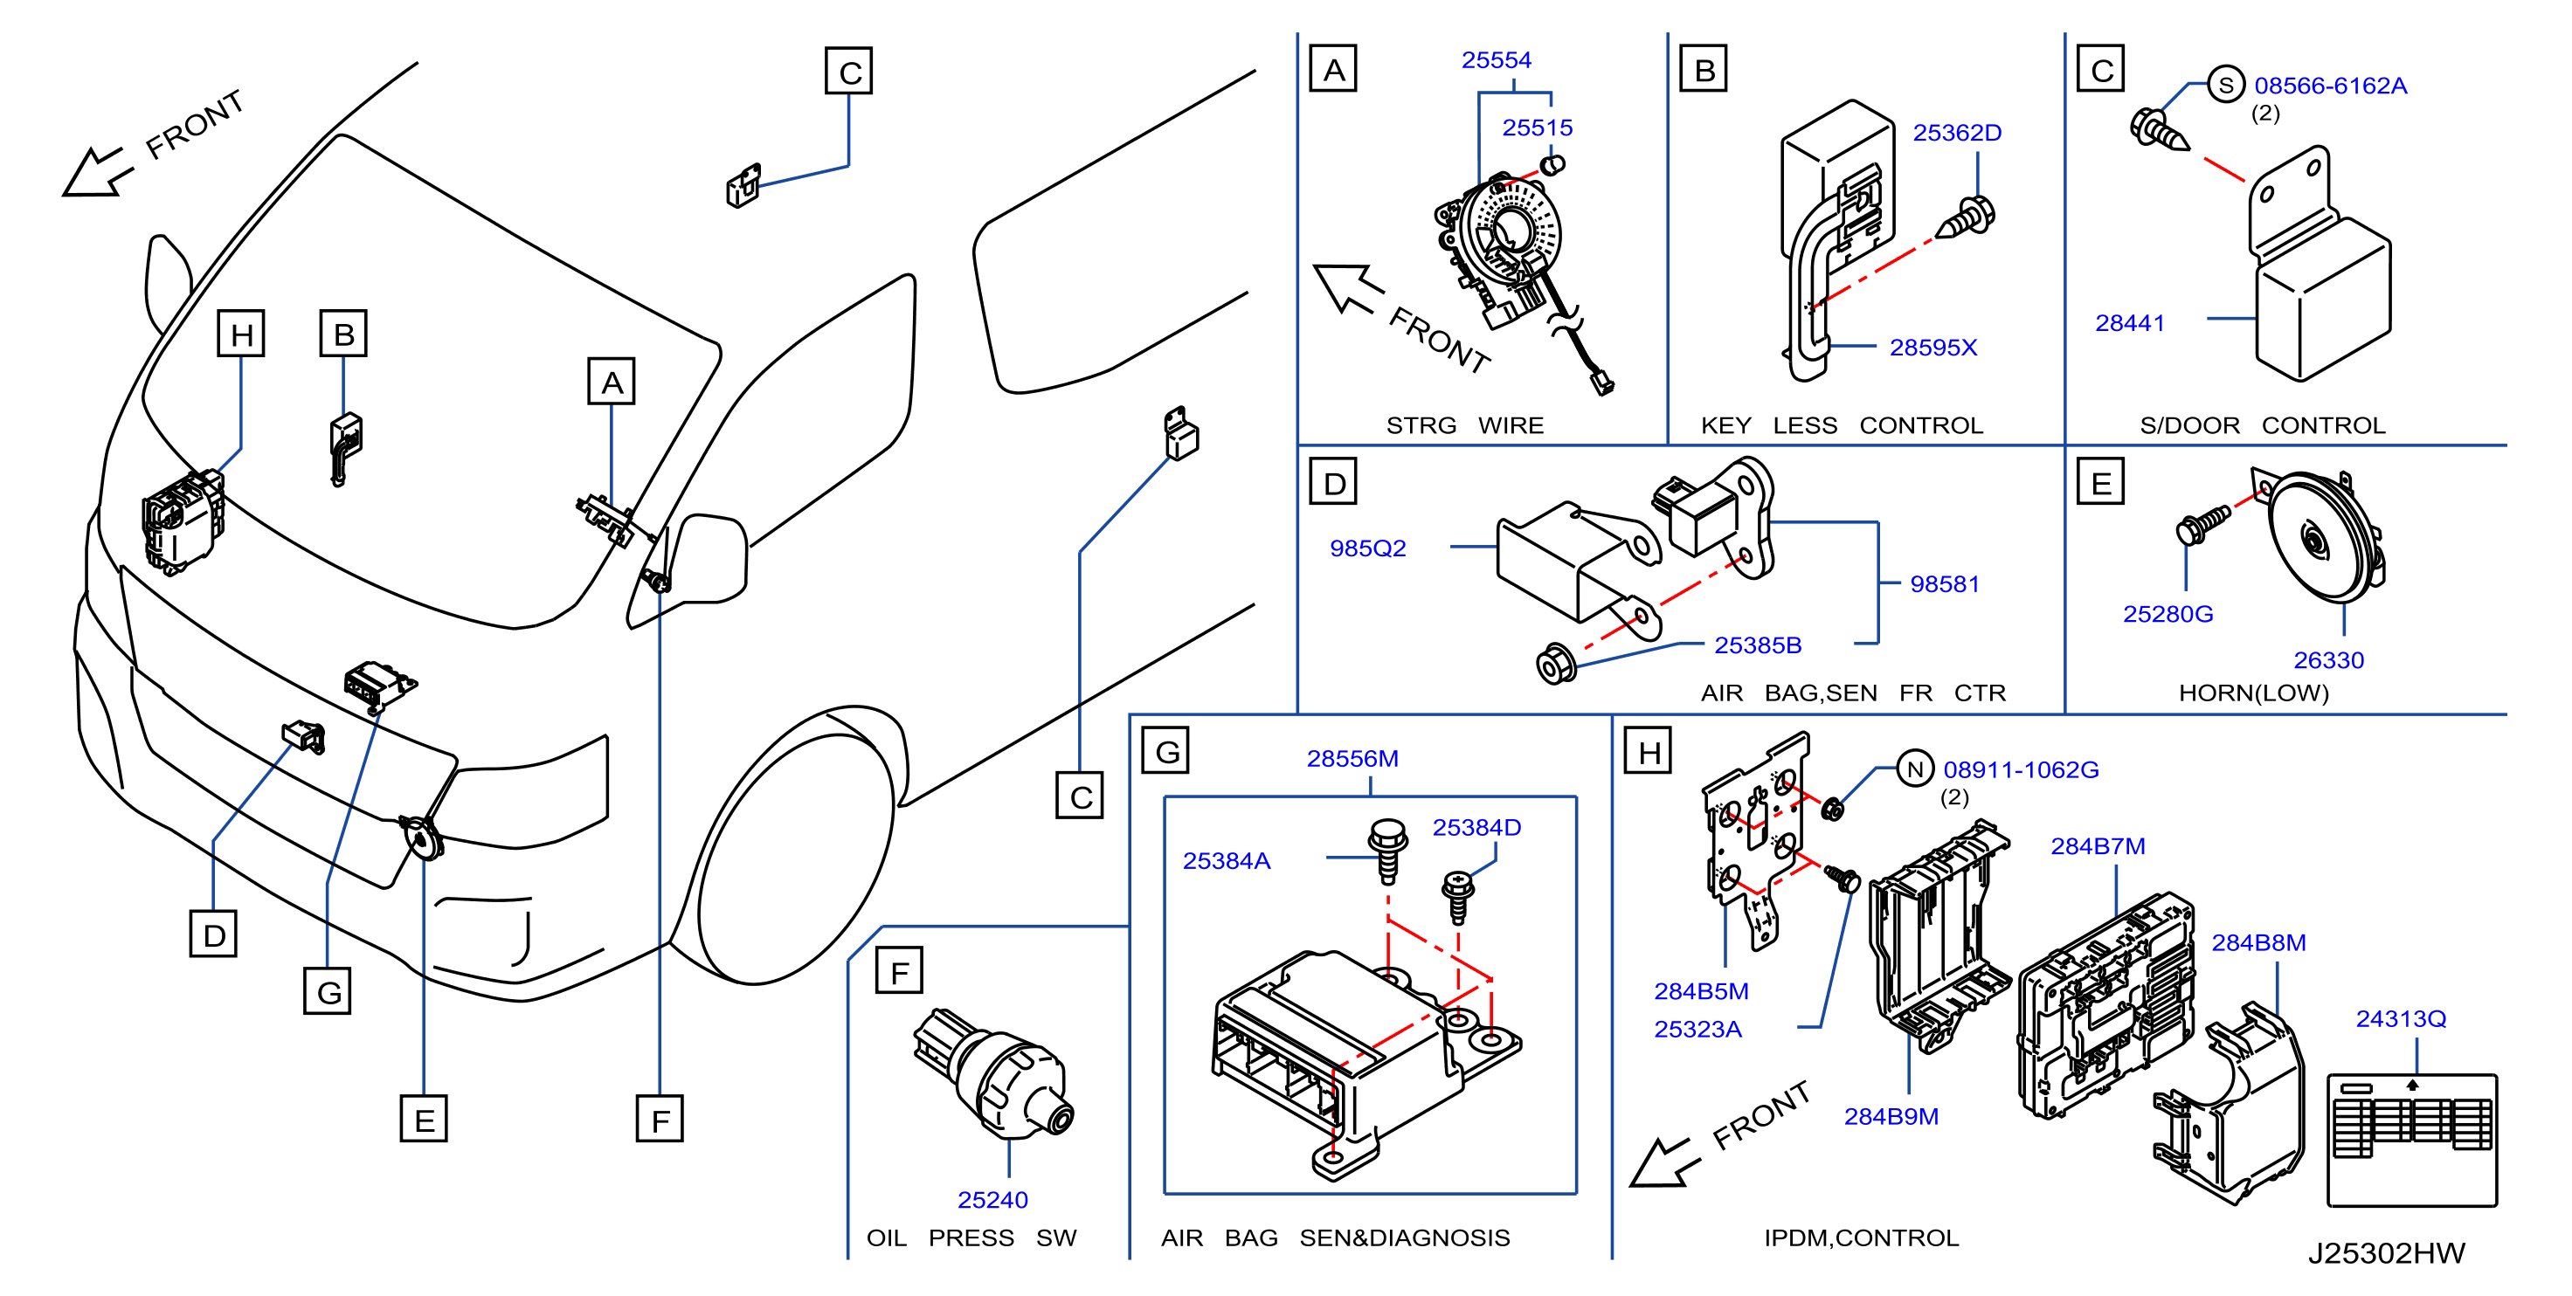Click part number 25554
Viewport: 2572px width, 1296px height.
pos(1496,60)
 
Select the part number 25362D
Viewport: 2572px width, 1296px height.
pos(1957,133)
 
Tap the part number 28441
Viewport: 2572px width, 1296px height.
pos(2130,323)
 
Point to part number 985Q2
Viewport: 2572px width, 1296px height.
pos(1368,548)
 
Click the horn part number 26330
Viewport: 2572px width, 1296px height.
pos(2328,660)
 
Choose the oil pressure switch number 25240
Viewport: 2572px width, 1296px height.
pos(992,1199)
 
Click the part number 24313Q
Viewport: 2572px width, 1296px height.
pos(2400,1018)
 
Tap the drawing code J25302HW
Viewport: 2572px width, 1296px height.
pos(2386,1253)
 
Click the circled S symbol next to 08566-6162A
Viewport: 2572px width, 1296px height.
pos(2225,85)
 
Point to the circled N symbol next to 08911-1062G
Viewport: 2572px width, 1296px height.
pos(1914,769)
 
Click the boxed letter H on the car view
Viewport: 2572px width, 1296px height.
pos(240,334)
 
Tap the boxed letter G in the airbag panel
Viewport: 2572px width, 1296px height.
pos(1166,751)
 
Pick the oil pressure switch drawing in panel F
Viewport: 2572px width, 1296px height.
pos(993,1073)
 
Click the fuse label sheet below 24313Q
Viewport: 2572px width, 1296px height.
pos(2411,1141)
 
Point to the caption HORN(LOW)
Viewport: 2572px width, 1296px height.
pos(2253,693)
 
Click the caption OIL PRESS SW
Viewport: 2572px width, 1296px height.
pos(971,1238)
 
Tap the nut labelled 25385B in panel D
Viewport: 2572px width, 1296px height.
pos(1556,664)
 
